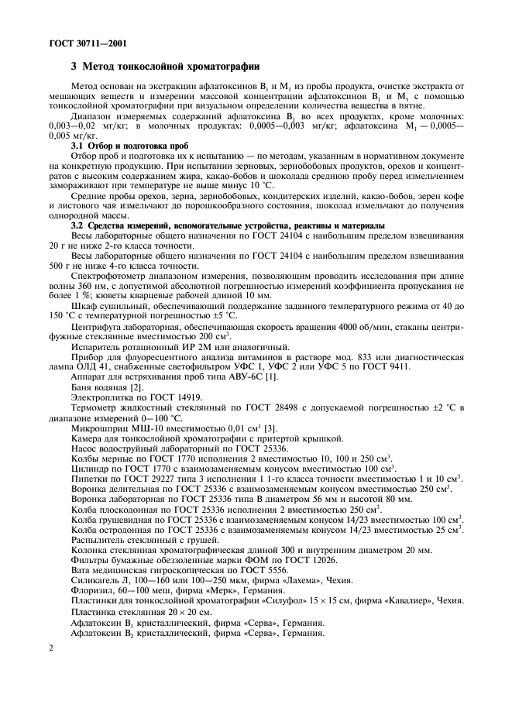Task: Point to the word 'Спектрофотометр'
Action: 107,275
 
